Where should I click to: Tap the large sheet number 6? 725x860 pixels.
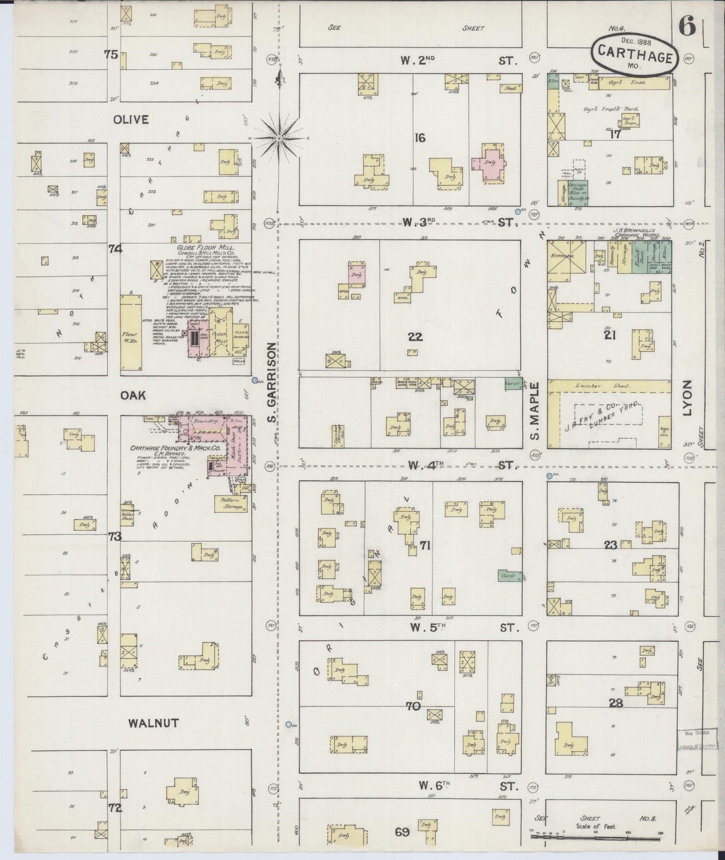coord(687,27)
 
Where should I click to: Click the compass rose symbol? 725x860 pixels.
coord(280,136)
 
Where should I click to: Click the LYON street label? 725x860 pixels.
coord(686,398)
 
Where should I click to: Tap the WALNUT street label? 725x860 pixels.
coord(154,723)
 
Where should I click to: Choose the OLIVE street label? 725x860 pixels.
coord(131,120)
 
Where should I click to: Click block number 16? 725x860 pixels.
coord(420,137)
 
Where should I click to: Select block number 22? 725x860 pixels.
coord(415,337)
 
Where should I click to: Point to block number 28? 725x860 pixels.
coord(616,703)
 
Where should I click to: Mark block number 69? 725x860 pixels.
coord(402,832)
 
